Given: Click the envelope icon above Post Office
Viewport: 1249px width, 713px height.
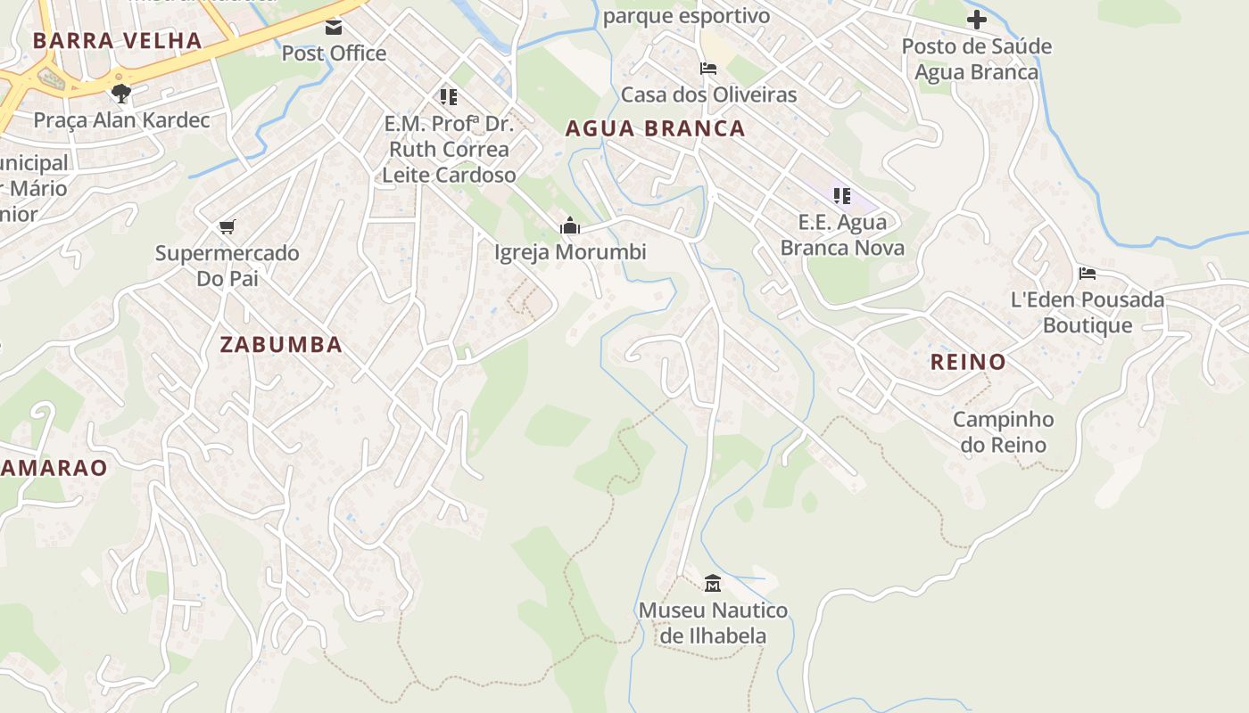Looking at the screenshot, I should (x=334, y=27).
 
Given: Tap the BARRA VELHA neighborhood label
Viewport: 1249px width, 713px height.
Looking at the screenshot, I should (x=118, y=40).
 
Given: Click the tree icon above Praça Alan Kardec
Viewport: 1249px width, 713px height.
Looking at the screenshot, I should (x=122, y=93).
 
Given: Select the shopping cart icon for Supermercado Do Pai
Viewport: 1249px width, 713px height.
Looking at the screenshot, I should (x=227, y=226).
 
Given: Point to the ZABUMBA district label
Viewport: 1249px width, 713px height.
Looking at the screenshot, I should (x=281, y=345).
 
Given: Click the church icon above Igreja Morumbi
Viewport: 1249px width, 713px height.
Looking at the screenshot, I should (x=569, y=225).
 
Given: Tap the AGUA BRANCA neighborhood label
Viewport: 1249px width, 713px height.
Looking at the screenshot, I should (x=655, y=128).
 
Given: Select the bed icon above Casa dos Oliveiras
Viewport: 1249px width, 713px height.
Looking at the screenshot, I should (x=708, y=69).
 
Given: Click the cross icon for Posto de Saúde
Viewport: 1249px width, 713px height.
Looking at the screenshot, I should (x=977, y=19).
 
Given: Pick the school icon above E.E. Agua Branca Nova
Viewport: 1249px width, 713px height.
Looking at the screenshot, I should (x=841, y=195).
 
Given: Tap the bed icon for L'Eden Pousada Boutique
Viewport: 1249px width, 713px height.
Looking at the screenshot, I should (x=1087, y=274).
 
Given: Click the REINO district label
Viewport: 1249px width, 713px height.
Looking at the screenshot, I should (x=968, y=362).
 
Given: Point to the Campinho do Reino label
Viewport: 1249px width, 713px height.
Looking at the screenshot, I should (x=1003, y=431).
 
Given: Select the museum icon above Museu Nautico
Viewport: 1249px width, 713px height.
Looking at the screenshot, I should (x=712, y=584).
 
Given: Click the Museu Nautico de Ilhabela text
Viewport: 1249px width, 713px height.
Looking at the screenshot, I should (x=713, y=623).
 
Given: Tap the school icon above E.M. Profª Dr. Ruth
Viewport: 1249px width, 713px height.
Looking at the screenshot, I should (x=448, y=96).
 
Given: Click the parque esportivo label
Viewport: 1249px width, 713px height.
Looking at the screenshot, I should (x=686, y=16).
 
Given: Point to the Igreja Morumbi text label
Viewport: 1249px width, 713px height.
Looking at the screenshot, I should (x=570, y=252).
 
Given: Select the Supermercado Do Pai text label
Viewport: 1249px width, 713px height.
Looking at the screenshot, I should (x=227, y=266).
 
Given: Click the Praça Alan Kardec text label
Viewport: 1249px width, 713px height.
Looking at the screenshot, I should (x=122, y=119).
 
